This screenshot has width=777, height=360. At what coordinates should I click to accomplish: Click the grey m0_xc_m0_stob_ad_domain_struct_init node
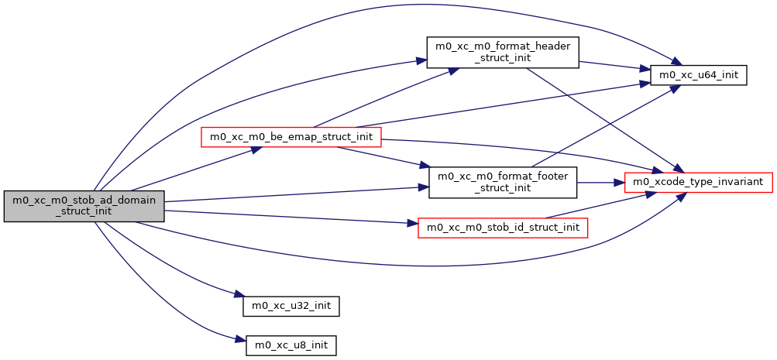coord(84,206)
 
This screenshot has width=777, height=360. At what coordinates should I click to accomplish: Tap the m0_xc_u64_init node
coord(698,75)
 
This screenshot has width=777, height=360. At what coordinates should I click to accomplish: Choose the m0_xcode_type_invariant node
coord(698,182)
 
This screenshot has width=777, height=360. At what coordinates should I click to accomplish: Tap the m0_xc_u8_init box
coord(291,345)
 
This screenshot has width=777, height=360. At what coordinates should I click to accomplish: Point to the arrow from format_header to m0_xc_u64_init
coord(612,66)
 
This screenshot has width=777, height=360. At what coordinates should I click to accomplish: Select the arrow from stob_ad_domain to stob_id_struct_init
coord(287,217)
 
